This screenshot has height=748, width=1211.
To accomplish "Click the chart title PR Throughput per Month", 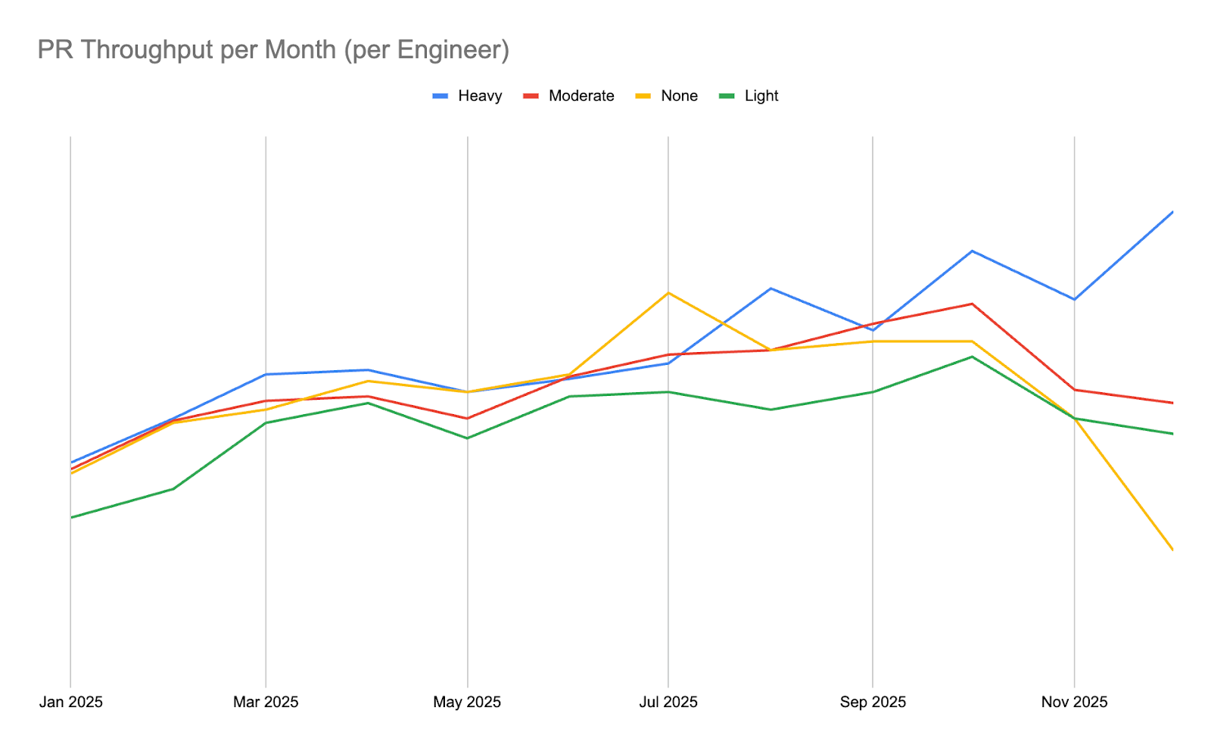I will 273,50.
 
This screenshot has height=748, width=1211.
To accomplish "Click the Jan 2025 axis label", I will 71,702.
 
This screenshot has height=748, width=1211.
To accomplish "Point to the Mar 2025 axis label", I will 266,702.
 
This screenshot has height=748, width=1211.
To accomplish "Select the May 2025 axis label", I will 467,702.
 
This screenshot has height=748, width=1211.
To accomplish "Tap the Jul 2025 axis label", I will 668,702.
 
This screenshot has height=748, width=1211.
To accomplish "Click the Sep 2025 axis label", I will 873,702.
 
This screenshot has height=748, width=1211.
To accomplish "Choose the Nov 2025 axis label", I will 1074,702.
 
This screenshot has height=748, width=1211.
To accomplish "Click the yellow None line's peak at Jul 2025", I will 668,293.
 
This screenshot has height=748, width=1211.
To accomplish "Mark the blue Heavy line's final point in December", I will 1172,212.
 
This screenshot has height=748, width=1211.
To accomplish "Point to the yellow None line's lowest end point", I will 1172,550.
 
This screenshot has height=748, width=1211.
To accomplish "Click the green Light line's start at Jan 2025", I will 71,517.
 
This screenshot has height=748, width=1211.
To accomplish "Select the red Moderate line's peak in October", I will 972,304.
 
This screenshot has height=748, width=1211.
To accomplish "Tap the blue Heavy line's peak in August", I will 770,288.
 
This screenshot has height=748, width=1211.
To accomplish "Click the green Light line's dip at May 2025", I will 467,438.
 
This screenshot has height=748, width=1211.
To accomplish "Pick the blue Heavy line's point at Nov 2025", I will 1074,299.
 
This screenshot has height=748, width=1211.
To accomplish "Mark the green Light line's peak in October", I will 972,357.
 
